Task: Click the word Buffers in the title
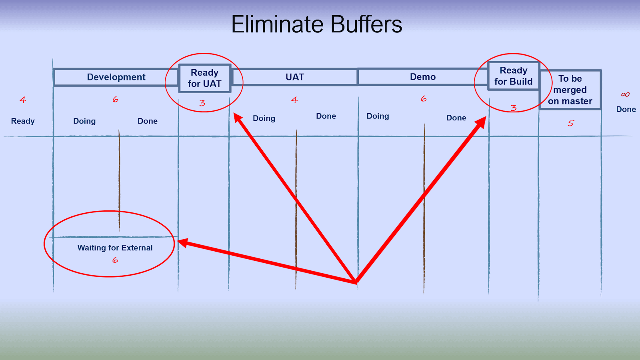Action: [366, 24]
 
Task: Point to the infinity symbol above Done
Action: [625, 94]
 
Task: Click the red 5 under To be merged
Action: [570, 123]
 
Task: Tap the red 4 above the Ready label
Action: [23, 100]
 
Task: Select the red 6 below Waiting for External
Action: [115, 260]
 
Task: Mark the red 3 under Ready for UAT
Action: [202, 103]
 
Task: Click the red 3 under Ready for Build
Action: [514, 108]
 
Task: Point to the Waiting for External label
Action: [115, 248]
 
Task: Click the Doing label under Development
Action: [84, 121]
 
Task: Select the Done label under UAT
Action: [326, 116]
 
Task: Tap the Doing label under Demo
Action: [378, 116]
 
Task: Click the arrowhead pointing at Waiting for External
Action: [183, 243]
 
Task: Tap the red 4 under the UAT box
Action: [294, 100]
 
